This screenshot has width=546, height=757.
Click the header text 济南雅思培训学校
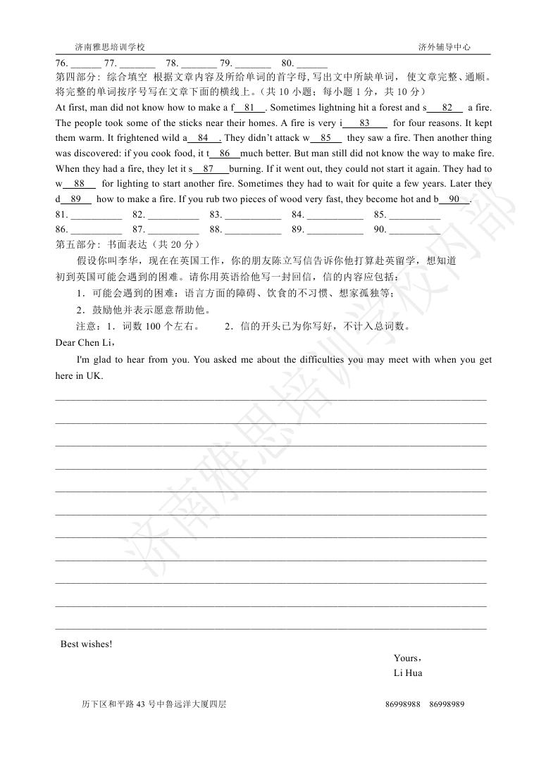coord(110,47)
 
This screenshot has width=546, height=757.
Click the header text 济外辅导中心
coord(444,47)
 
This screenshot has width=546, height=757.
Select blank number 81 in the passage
coord(249,108)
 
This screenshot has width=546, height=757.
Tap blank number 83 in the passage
coord(364,123)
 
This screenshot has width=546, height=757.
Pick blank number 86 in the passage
coord(225,154)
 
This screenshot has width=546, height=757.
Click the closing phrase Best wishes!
coord(86,644)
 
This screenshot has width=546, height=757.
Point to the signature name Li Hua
coord(408,673)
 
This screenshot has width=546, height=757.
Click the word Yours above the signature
coord(407,658)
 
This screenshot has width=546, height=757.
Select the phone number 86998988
coord(404,704)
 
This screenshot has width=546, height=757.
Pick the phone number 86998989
coord(447,704)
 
